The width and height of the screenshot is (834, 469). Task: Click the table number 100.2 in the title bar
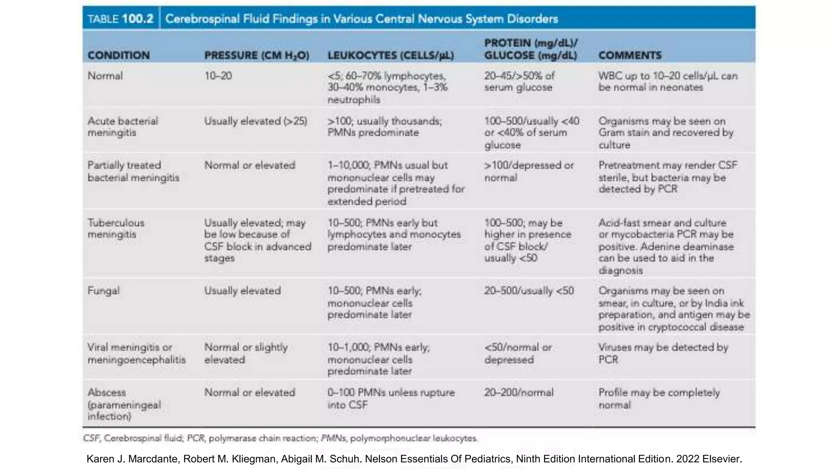click(x=138, y=19)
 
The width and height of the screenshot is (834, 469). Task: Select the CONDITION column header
click(x=119, y=55)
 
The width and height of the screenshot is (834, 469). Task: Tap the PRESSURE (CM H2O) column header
click(x=257, y=56)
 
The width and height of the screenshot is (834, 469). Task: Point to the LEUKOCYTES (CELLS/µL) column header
click(x=391, y=56)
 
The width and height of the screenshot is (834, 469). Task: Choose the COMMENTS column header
click(x=630, y=55)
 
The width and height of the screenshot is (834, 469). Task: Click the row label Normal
click(x=105, y=76)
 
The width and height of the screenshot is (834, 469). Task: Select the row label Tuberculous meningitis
click(x=116, y=228)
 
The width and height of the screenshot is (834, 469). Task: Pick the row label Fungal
click(x=103, y=291)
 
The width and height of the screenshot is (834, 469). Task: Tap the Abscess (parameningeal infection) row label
click(x=124, y=404)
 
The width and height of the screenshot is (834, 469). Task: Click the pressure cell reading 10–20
click(x=218, y=76)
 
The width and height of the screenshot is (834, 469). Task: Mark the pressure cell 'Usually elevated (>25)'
click(x=256, y=121)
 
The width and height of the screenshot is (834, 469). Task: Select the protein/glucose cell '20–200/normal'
click(x=519, y=392)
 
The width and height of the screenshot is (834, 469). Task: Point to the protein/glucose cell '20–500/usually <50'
click(x=529, y=291)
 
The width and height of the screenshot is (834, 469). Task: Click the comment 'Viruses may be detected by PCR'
click(x=663, y=353)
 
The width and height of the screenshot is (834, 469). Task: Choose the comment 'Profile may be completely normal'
click(x=659, y=399)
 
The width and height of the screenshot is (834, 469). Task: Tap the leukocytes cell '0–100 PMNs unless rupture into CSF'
click(x=391, y=399)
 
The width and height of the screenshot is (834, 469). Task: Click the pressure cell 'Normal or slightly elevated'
click(x=246, y=353)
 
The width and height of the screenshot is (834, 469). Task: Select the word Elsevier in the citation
click(x=722, y=459)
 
